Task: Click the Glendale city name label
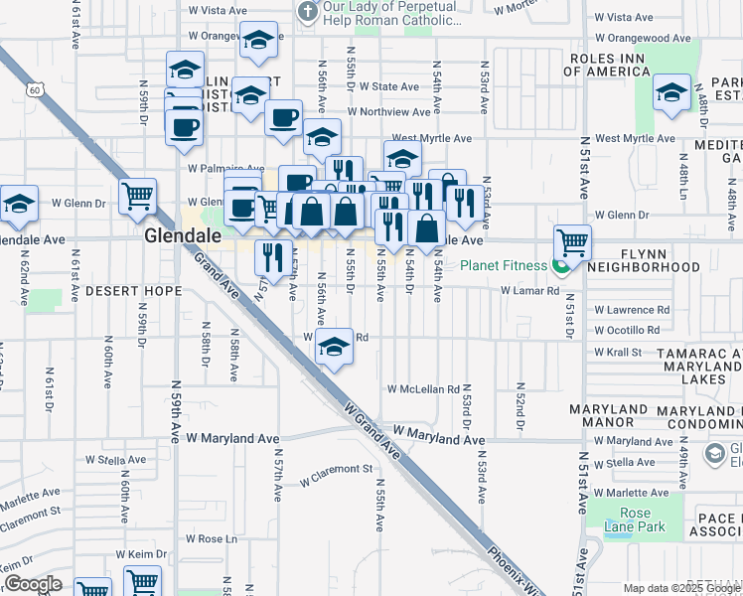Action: (x=176, y=236)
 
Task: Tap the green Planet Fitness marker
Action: (x=561, y=265)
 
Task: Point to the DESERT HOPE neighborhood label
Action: (x=132, y=291)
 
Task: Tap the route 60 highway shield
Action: (x=35, y=90)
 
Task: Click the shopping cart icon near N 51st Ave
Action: (x=572, y=240)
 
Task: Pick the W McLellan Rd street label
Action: (x=423, y=389)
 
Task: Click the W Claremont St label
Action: (x=336, y=469)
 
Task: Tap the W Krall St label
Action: (x=618, y=352)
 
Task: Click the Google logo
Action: (x=34, y=585)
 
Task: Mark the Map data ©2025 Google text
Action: (x=681, y=588)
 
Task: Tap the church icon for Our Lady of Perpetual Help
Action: (x=308, y=11)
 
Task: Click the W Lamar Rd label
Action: (x=530, y=291)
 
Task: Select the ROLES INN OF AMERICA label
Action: (x=623, y=65)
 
